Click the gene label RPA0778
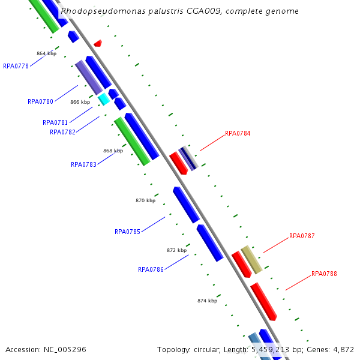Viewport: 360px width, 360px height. (x=16, y=66)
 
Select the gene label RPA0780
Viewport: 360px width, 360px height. (x=40, y=101)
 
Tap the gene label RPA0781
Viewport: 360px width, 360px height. (x=55, y=122)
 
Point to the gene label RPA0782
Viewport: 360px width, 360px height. (x=62, y=132)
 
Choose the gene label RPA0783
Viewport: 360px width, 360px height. (x=83, y=164)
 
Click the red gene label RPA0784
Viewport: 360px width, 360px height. (x=238, y=133)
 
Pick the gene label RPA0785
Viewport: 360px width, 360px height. (x=127, y=232)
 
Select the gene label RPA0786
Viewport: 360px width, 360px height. (x=151, y=269)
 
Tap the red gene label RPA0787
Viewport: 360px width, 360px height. (x=302, y=236)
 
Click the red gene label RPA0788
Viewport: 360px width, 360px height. (x=324, y=274)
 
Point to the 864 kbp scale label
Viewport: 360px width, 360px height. (x=46, y=53)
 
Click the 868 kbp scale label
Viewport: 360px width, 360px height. (x=113, y=151)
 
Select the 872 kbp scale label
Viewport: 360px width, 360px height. (x=176, y=250)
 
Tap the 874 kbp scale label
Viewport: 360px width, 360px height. (x=207, y=301)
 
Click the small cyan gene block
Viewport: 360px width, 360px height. (x=104, y=99)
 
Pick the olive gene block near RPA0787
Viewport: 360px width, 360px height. (x=251, y=259)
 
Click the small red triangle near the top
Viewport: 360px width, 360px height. (x=98, y=43)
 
